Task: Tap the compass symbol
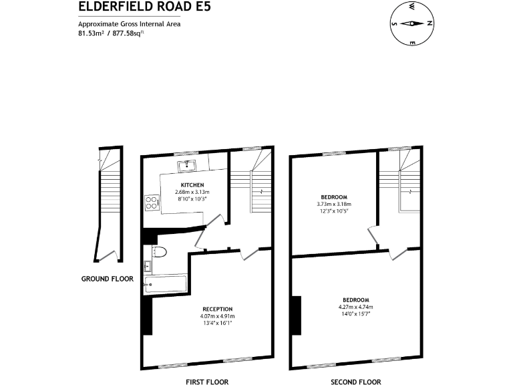412,24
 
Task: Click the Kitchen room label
192,184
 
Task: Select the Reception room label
217,309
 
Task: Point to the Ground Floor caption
107,279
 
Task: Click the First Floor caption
206,382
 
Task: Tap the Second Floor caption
356,382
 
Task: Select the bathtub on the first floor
167,284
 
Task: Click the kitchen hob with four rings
151,202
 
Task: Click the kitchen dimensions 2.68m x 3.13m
192,192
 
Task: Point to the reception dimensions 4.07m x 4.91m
217,316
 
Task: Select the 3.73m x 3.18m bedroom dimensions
333,204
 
